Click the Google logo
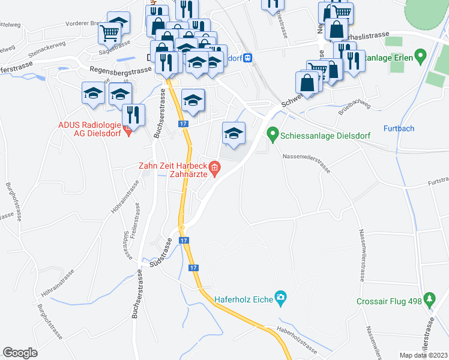(20, 353)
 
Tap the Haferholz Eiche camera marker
(280, 297)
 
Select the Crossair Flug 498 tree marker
(429, 298)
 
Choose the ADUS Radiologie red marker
(127, 128)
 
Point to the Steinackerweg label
(46, 45)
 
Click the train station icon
(247, 58)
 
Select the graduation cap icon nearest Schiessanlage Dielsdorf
(234, 133)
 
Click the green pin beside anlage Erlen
(420, 58)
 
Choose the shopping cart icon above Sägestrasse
(110, 34)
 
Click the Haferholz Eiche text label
(244, 296)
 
